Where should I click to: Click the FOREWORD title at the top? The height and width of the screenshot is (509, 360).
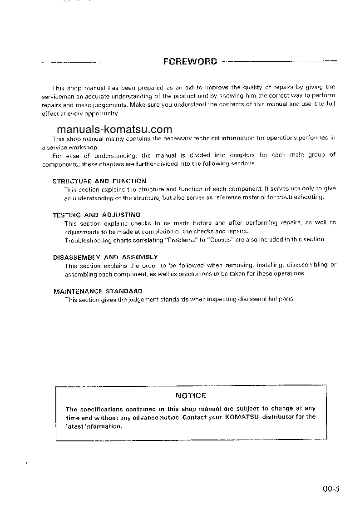click(x=190, y=61)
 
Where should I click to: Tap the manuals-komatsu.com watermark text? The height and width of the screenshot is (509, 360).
click(x=114, y=129)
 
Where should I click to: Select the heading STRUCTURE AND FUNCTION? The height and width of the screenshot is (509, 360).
click(x=99, y=181)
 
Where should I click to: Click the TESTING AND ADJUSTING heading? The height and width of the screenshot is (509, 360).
click(x=96, y=215)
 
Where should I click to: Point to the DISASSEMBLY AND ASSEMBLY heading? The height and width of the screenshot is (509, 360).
click(x=105, y=257)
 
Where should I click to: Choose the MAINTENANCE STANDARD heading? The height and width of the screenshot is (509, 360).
click(x=98, y=291)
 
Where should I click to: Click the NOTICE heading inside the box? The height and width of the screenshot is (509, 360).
click(x=191, y=395)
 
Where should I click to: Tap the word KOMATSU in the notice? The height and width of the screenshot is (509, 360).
click(x=242, y=417)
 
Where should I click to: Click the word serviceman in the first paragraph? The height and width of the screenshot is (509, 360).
click(x=58, y=96)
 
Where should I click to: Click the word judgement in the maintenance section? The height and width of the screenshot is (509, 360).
click(x=116, y=299)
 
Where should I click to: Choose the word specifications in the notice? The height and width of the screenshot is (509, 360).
click(x=99, y=409)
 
